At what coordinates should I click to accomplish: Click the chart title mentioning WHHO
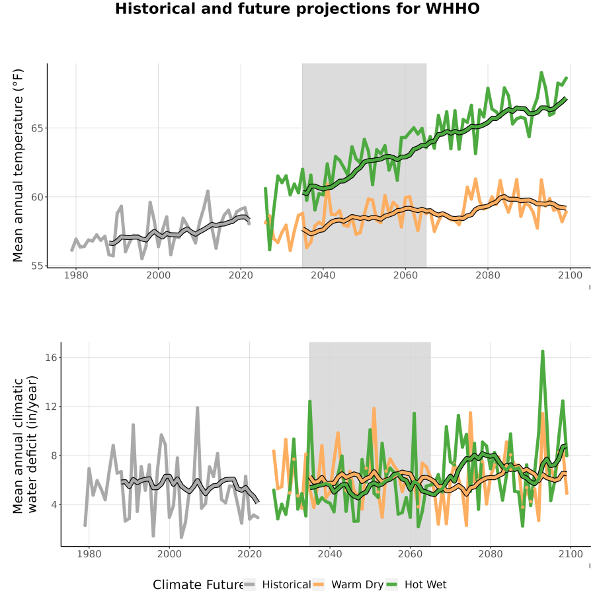[297, 9]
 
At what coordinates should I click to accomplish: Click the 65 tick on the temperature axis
[37, 128]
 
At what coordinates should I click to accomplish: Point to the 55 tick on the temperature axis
[37, 266]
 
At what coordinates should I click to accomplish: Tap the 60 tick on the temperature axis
[37, 197]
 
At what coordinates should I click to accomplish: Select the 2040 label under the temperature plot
[323, 275]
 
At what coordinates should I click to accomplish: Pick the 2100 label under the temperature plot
[570, 275]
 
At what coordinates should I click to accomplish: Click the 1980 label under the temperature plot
[76, 275]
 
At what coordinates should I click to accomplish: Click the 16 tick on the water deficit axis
[51, 358]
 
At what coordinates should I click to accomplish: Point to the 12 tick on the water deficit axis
[51, 407]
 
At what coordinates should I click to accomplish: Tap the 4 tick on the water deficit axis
[54, 504]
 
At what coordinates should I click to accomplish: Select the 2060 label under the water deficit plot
[410, 554]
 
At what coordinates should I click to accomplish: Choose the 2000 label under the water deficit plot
[169, 554]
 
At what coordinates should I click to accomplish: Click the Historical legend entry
[278, 584]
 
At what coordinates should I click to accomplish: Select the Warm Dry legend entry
[348, 584]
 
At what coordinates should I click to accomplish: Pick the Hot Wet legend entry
[416, 584]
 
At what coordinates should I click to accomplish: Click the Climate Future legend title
[198, 585]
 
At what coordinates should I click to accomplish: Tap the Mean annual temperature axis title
[18, 165]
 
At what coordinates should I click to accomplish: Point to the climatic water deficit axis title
[25, 444]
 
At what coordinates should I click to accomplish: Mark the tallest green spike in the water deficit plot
[543, 352]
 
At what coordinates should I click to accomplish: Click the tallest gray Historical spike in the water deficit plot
[197, 409]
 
